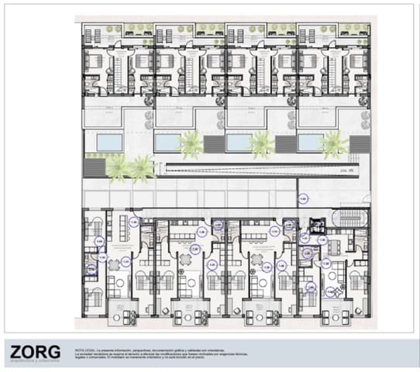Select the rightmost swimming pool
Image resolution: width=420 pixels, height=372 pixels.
[x=311, y=143]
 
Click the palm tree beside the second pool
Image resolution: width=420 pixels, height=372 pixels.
[x=191, y=143]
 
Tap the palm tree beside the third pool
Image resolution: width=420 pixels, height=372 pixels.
[x=262, y=143]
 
